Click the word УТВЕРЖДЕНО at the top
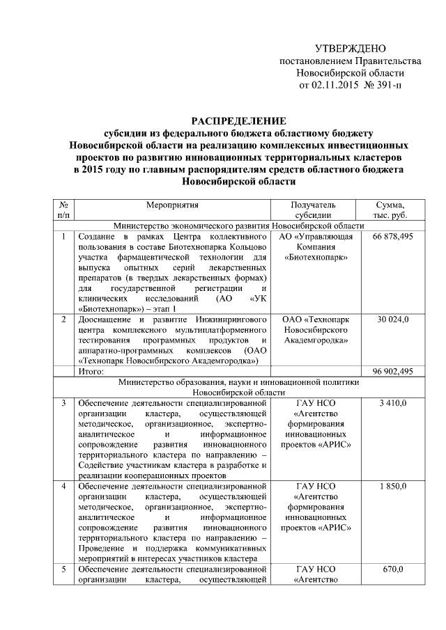click(x=350, y=49)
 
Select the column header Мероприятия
click(x=173, y=205)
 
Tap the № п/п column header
click(x=63, y=210)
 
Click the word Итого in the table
click(x=91, y=372)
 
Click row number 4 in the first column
click(x=63, y=486)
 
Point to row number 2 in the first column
click(x=63, y=320)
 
